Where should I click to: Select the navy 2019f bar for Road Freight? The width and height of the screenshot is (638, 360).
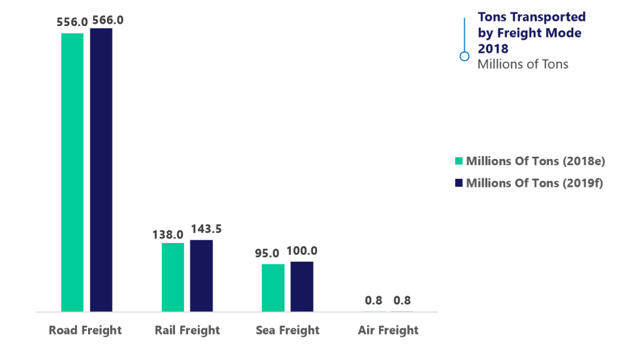[101, 170]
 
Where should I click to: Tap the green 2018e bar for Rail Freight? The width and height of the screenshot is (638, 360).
[173, 277]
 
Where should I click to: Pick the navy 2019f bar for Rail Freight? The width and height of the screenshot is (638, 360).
[201, 275]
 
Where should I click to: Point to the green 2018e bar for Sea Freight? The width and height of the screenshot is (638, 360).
[273, 288]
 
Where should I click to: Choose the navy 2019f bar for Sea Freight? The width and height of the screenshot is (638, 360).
[302, 286]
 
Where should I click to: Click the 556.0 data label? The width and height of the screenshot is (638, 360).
[72, 22]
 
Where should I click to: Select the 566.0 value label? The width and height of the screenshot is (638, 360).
[107, 20]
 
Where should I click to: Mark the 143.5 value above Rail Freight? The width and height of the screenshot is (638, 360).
[206, 229]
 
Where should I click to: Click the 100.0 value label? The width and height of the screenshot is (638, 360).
[302, 251]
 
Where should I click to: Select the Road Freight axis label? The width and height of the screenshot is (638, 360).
[85, 330]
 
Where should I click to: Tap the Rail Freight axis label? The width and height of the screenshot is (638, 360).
[187, 330]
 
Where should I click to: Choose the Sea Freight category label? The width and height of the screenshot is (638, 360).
[287, 330]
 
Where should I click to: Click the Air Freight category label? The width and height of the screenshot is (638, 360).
[388, 330]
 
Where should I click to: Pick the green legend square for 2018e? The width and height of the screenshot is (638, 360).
[460, 161]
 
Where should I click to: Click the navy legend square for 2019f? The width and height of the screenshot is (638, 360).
[460, 183]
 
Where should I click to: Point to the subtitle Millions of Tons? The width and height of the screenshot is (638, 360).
[523, 64]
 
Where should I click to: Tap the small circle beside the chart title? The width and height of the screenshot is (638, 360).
[464, 56]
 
